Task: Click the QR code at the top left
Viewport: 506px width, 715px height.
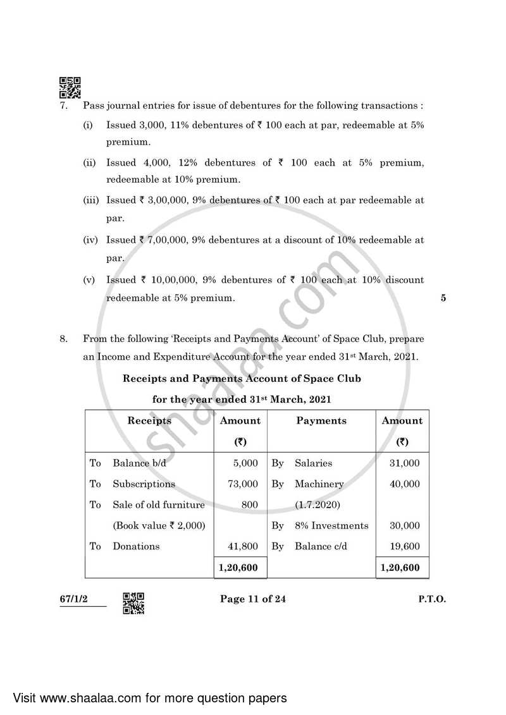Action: pyautogui.click(x=70, y=88)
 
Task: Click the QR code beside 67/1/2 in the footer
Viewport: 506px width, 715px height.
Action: pyautogui.click(x=133, y=603)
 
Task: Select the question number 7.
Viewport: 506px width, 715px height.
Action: pyautogui.click(x=63, y=106)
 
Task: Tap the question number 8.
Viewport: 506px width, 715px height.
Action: pyautogui.click(x=63, y=339)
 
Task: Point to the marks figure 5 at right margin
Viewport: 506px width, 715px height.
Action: pyautogui.click(x=443, y=298)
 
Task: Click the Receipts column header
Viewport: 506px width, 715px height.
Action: pyautogui.click(x=149, y=420)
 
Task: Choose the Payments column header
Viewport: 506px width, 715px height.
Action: pyautogui.click(x=321, y=420)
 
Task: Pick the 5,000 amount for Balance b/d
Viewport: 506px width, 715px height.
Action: pyautogui.click(x=245, y=463)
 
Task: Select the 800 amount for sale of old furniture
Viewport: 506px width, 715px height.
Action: pyautogui.click(x=250, y=504)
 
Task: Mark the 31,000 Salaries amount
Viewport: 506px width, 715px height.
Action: pyautogui.click(x=405, y=463)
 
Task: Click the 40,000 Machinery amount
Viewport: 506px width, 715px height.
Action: pyautogui.click(x=405, y=484)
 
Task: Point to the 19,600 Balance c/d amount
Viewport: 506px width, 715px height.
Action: pyautogui.click(x=405, y=546)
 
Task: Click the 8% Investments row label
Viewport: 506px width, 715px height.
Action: pyautogui.click(x=331, y=525)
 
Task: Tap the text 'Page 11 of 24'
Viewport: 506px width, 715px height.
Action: pyautogui.click(x=252, y=599)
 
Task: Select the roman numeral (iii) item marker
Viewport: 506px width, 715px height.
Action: pyautogui.click(x=91, y=200)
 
